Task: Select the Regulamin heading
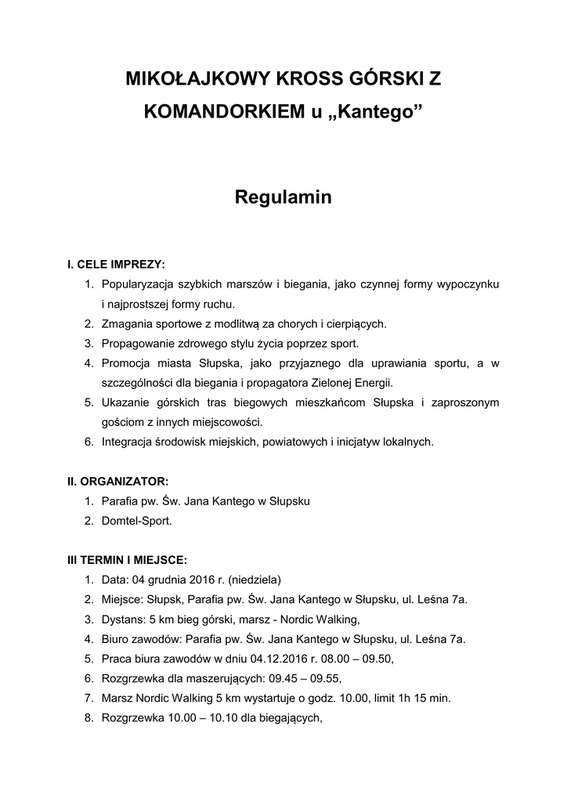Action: [x=283, y=198]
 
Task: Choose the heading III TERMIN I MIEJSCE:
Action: [x=127, y=560]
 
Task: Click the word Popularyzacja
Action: [x=139, y=284]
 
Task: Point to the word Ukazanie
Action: [x=125, y=403]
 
